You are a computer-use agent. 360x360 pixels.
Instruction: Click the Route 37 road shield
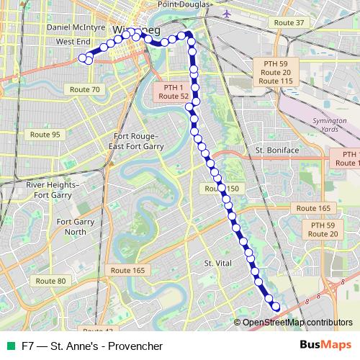pyautogui.click(x=290, y=23)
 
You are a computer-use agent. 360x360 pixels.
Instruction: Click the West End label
pyautogui.click(x=73, y=42)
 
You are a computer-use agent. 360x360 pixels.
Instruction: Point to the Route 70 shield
pyautogui.click(x=86, y=89)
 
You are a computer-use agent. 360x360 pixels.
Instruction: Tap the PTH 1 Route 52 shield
pyautogui.click(x=174, y=91)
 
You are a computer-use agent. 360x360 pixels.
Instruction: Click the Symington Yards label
pyautogui.click(x=330, y=125)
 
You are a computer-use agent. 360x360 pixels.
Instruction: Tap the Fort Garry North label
pyautogui.click(x=75, y=227)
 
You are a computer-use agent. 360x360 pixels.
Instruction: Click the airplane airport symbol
pyautogui.click(x=228, y=14)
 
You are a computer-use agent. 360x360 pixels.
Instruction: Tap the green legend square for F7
pyautogui.click(x=10, y=346)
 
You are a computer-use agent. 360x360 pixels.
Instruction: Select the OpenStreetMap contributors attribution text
pyautogui.click(x=298, y=323)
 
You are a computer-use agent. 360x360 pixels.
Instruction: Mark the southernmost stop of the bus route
pyautogui.click(x=275, y=307)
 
